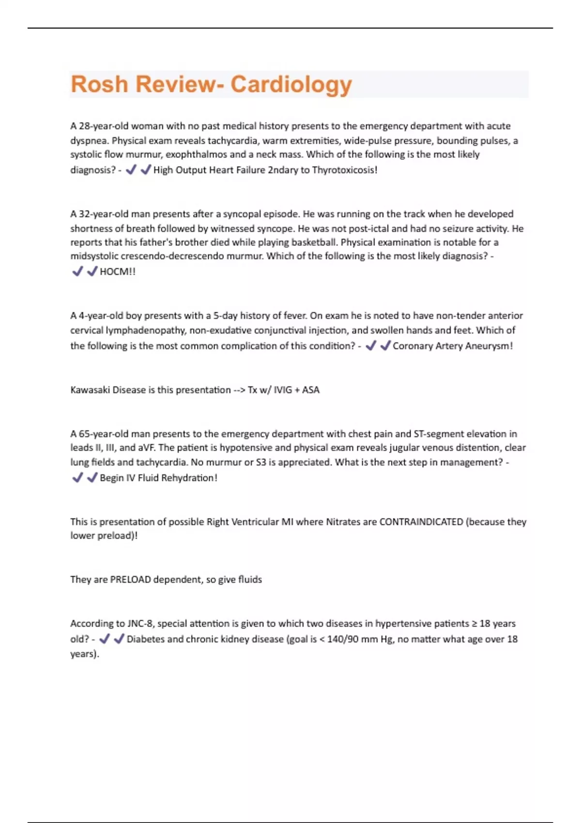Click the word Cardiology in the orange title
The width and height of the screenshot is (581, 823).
tap(291, 85)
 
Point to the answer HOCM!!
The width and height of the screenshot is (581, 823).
tap(118, 272)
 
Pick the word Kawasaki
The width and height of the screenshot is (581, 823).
tap(90, 390)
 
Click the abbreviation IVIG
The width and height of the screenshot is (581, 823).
tap(283, 390)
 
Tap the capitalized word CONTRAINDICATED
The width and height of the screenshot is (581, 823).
tap(421, 522)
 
